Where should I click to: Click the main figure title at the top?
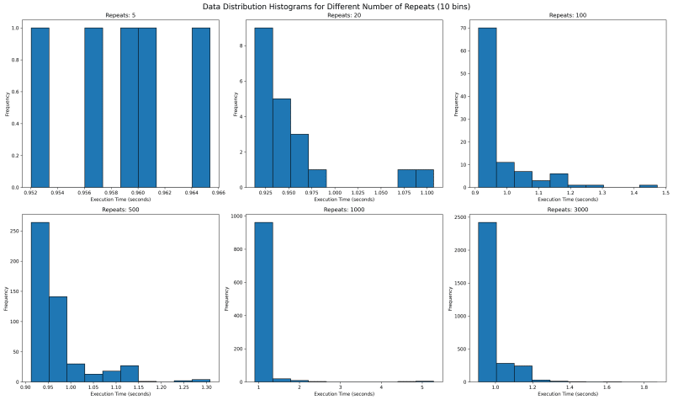pyautogui.click(x=336, y=6)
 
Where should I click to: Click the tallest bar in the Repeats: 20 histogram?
pyautogui.click(x=263, y=108)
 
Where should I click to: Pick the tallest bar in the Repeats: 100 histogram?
pyautogui.click(x=487, y=108)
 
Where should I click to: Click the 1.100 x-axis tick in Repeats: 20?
pyautogui.click(x=426, y=193)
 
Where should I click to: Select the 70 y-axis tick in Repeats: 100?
pyautogui.click(x=464, y=29)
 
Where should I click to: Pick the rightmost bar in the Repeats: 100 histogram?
pyautogui.click(x=648, y=185)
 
